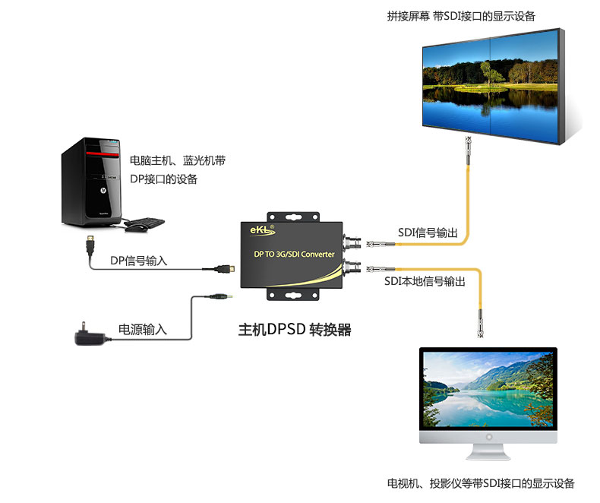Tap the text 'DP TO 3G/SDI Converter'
click(x=293, y=254)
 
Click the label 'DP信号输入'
click(x=139, y=261)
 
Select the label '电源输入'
click(x=143, y=330)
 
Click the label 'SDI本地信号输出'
click(x=425, y=281)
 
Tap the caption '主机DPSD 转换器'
click(x=295, y=331)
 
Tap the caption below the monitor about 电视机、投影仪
click(x=481, y=483)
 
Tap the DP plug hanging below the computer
click(x=90, y=247)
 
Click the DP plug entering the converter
click(x=223, y=268)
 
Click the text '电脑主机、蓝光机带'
click(x=178, y=161)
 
